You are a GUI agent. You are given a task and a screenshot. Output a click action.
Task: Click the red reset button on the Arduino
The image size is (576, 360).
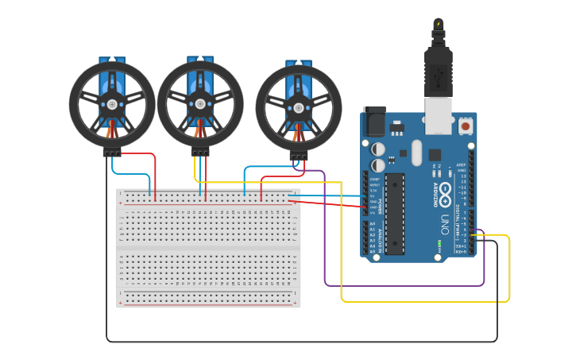pos(465,126)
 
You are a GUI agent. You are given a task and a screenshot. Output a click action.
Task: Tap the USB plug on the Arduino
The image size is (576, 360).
pos(438,79)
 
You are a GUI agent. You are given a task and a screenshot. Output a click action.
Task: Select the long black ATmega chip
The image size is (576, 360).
pos(395,214)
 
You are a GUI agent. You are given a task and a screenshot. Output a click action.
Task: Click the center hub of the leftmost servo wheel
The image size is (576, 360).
pos(112,104)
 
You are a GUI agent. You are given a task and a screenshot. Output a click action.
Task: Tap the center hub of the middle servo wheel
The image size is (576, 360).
pos(200,103)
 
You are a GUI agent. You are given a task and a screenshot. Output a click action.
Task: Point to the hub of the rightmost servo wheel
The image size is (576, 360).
pos(299,108)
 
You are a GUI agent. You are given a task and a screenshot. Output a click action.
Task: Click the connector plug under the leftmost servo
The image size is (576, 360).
pos(112,153)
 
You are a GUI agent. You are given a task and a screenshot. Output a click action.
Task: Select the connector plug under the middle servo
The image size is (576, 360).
pos(200,153)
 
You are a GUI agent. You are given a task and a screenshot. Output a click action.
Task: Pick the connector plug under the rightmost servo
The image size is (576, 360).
pos(299,157)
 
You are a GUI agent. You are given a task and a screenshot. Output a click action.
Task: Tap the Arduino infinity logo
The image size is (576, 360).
pos(445,193)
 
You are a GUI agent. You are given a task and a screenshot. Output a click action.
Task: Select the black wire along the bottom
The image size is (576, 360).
pos(302,342)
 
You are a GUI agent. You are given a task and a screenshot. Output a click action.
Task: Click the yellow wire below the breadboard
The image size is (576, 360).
pos(421,301)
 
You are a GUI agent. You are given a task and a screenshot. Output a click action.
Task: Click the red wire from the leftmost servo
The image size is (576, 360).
pos(154,171)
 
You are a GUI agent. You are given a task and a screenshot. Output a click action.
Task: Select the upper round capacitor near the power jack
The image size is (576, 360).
pos(379,149)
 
